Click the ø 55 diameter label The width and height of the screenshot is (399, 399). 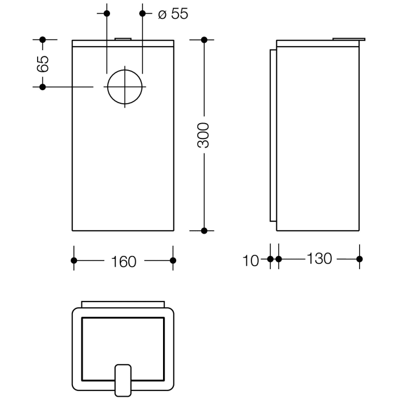pyautogui.click(x=172, y=14)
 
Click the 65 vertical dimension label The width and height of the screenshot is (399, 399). pyautogui.click(x=42, y=63)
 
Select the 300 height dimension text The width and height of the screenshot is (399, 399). pyautogui.click(x=204, y=135)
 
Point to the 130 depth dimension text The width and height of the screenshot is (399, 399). pyautogui.click(x=319, y=259)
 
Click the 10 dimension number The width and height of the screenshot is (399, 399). pyautogui.click(x=251, y=260)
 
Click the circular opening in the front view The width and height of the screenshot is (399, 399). pyautogui.click(x=124, y=87)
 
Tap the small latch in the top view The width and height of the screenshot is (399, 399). pyautogui.click(x=124, y=378)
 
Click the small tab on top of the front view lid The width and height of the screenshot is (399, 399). pyautogui.click(x=124, y=39)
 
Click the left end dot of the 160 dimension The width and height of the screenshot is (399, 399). pyautogui.click(x=74, y=260)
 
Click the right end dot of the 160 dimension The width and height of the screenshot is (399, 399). pyautogui.click(x=173, y=260)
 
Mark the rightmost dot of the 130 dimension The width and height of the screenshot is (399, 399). pyautogui.click(x=359, y=259)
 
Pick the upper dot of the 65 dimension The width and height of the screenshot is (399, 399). pyautogui.click(x=42, y=39)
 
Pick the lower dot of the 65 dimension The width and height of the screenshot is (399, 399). pyautogui.click(x=42, y=87)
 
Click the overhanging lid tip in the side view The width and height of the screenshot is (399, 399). pyautogui.click(x=361, y=39)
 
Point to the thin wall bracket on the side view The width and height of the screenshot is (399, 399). pyautogui.click(x=272, y=135)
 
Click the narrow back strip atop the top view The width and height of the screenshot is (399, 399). pyautogui.click(x=124, y=304)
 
